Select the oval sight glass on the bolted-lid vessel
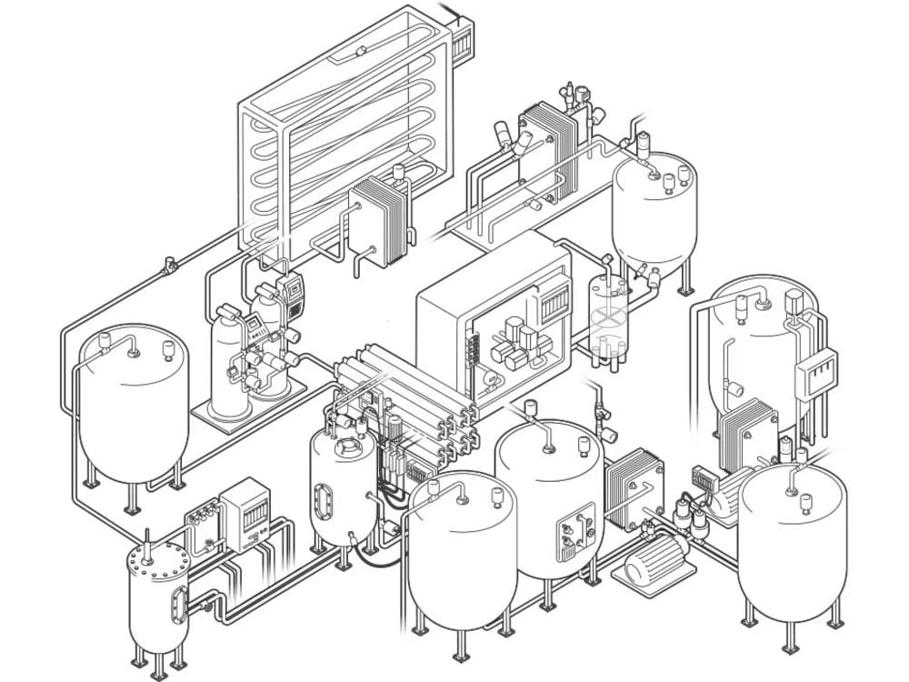[177, 602]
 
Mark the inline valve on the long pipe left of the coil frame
[168, 266]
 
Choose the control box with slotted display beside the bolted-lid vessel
[245, 514]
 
